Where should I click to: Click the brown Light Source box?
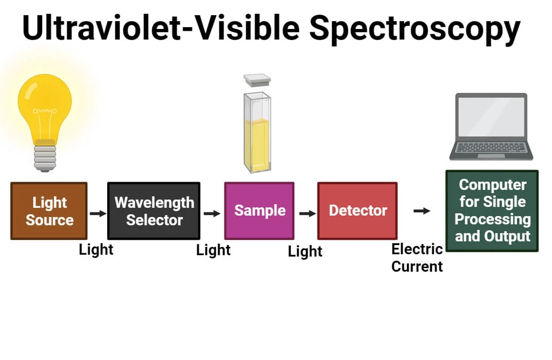click(x=49, y=211)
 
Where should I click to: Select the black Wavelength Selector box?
click(x=154, y=211)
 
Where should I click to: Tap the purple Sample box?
click(x=259, y=211)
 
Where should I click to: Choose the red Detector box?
click(x=357, y=211)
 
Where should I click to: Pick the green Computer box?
click(x=492, y=211)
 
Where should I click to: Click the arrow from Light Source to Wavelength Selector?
click(x=98, y=213)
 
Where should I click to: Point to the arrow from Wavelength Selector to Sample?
click(x=212, y=213)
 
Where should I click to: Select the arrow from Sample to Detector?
click(x=308, y=213)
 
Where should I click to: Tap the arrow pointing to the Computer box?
click(x=422, y=211)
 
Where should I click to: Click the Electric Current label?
click(x=417, y=258)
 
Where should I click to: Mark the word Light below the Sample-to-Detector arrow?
click(x=305, y=251)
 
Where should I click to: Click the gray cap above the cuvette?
click(x=257, y=80)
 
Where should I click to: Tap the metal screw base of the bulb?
click(x=45, y=158)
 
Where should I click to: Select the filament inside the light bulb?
click(x=45, y=111)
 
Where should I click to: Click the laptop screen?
click(x=491, y=117)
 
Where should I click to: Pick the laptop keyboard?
click(x=491, y=148)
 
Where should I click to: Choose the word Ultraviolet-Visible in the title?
click(x=161, y=27)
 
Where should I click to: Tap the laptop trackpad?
click(x=491, y=156)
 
